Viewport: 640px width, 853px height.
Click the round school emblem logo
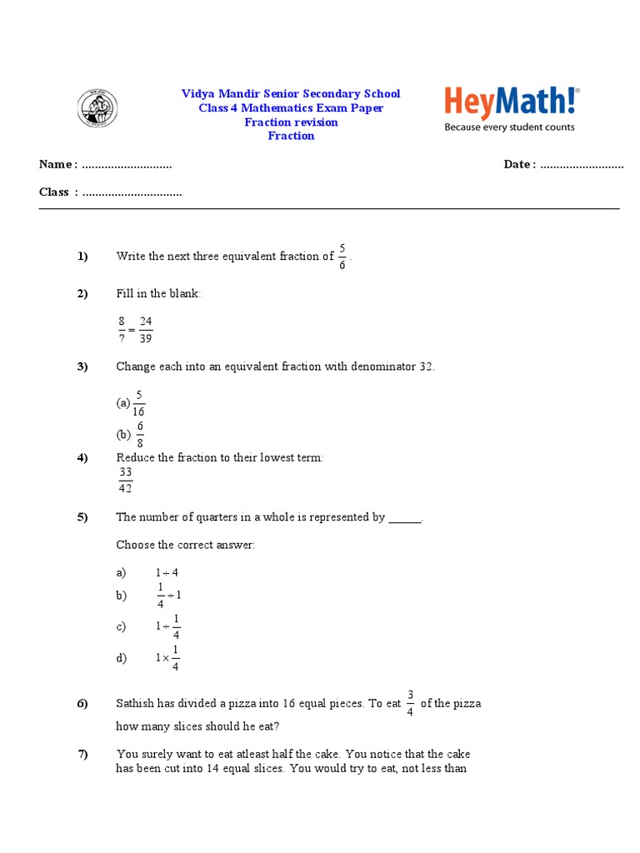(97, 108)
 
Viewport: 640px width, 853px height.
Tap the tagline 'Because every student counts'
(509, 127)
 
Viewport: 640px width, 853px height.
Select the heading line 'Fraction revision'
(291, 122)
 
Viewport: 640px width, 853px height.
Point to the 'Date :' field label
(519, 164)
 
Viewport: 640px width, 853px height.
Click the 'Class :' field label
(58, 192)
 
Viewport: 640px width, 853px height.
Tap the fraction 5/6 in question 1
(342, 257)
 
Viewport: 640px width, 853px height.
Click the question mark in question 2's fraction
(122, 337)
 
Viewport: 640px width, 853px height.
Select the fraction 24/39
(146, 330)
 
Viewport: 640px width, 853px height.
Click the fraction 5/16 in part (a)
(138, 403)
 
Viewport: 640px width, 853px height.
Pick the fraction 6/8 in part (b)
(141, 434)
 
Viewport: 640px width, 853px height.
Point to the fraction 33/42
(126, 480)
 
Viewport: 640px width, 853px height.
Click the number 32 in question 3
(425, 367)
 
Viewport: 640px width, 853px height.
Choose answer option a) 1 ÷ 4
(167, 573)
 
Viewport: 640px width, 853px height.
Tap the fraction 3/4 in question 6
(410, 703)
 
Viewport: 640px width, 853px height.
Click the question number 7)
(82, 755)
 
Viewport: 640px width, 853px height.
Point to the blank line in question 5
(405, 518)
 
